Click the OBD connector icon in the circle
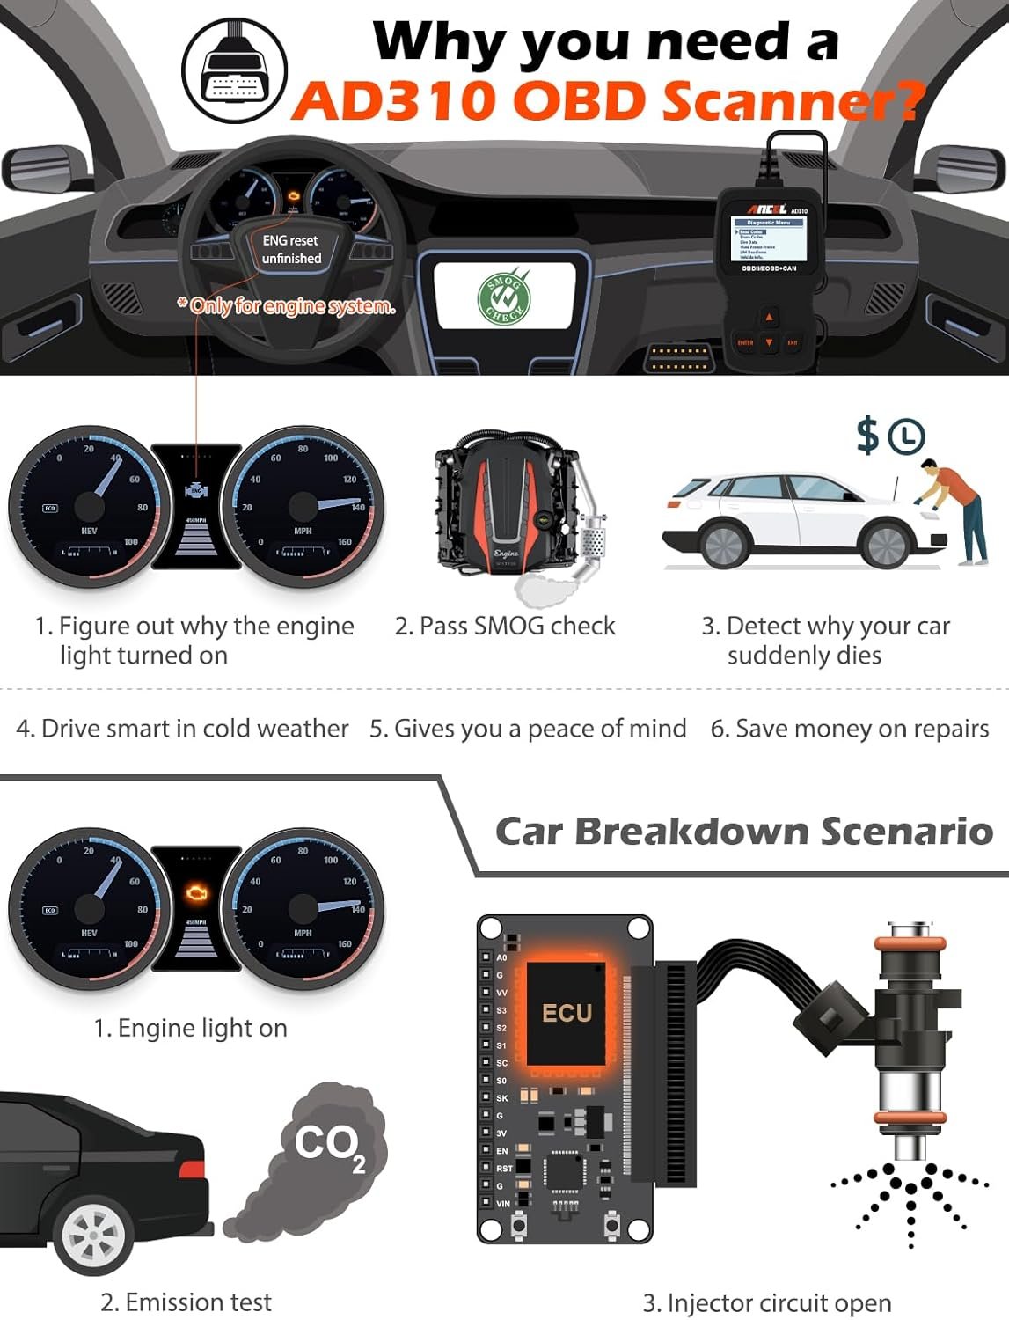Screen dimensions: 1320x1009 click(x=235, y=70)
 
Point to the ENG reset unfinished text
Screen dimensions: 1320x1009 click(x=291, y=249)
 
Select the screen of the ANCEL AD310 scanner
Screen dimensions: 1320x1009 click(x=768, y=239)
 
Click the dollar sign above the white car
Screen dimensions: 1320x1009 click(x=867, y=435)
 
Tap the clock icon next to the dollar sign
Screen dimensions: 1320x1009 click(x=906, y=436)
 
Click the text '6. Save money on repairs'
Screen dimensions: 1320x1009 click(x=849, y=729)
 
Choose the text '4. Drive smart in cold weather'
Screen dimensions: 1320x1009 click(x=182, y=729)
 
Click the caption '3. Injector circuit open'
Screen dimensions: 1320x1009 click(x=766, y=1302)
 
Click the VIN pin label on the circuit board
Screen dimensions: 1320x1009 click(x=503, y=1204)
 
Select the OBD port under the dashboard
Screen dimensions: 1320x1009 click(x=678, y=357)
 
